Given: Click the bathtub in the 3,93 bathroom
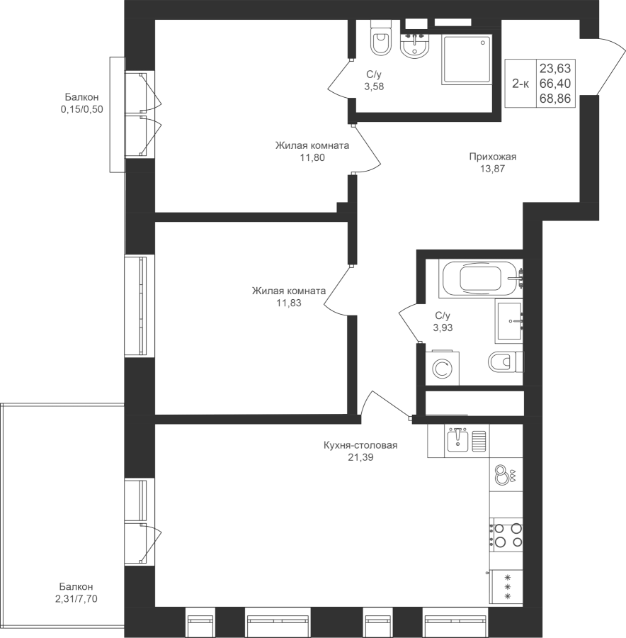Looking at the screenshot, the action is point(480,279).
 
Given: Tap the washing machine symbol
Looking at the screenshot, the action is point(443,368).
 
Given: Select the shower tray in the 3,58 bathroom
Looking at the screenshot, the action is point(467,60).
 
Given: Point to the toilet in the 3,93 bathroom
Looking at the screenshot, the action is point(506,362).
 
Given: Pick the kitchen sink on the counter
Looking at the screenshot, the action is point(458,441).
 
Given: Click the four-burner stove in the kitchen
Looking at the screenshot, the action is point(506,535).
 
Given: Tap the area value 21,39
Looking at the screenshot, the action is point(360,457).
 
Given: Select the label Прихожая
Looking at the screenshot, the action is point(493,157).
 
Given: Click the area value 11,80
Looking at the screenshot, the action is point(312,157).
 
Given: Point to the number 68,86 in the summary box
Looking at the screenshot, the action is point(555,99).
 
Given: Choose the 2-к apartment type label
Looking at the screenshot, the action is point(520,84).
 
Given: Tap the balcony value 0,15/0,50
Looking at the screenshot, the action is point(81,109).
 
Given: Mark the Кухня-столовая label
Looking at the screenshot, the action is point(360,445).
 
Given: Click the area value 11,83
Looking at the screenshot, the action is point(289,303).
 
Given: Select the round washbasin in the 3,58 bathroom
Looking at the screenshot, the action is point(415,46).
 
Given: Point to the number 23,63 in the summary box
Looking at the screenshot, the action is point(555,67).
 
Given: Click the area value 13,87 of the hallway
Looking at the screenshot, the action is point(493,169).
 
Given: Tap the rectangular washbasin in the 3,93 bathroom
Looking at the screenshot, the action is point(509,320).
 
